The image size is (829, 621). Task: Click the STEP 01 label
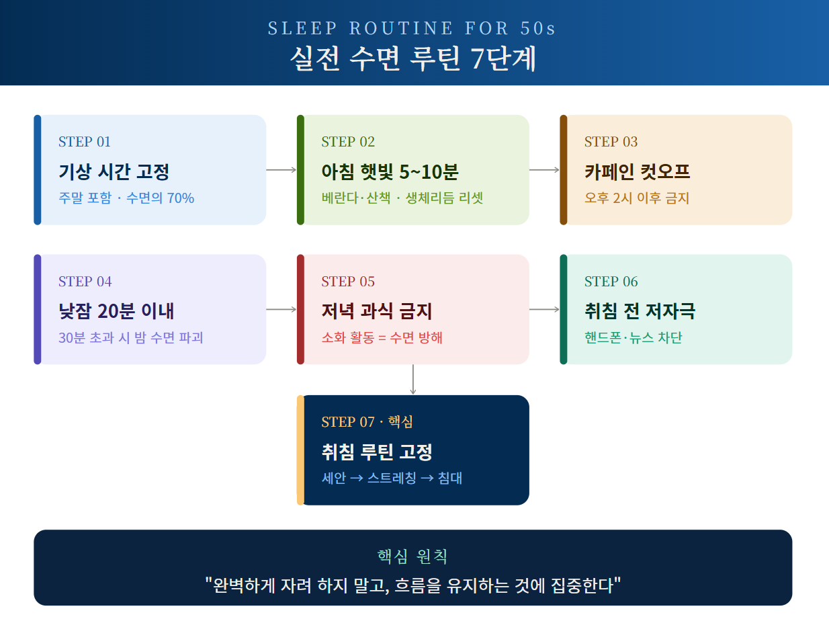click(84, 142)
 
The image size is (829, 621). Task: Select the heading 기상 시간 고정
click(114, 172)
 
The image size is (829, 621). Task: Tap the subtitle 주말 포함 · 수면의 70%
click(126, 198)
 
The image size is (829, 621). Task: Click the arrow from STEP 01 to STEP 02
click(281, 170)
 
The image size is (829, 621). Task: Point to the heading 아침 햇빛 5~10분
click(390, 172)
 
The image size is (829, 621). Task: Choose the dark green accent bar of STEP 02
click(301, 170)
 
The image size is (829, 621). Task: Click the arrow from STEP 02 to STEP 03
click(544, 170)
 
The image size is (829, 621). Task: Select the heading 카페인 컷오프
click(637, 172)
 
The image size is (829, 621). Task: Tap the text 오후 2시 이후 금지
click(637, 198)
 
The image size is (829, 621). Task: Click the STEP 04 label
click(85, 282)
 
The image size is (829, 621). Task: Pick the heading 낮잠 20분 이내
click(116, 311)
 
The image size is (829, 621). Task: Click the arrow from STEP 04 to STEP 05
click(281, 309)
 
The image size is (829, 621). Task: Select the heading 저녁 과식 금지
click(377, 311)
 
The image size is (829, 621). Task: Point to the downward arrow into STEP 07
click(412, 380)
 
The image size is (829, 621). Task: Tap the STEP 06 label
click(611, 282)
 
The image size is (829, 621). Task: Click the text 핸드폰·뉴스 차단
click(634, 337)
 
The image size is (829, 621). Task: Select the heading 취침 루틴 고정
click(377, 452)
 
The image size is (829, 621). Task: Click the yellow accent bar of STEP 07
click(301, 450)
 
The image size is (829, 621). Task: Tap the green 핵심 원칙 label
click(412, 556)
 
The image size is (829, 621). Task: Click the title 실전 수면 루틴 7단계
click(412, 58)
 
